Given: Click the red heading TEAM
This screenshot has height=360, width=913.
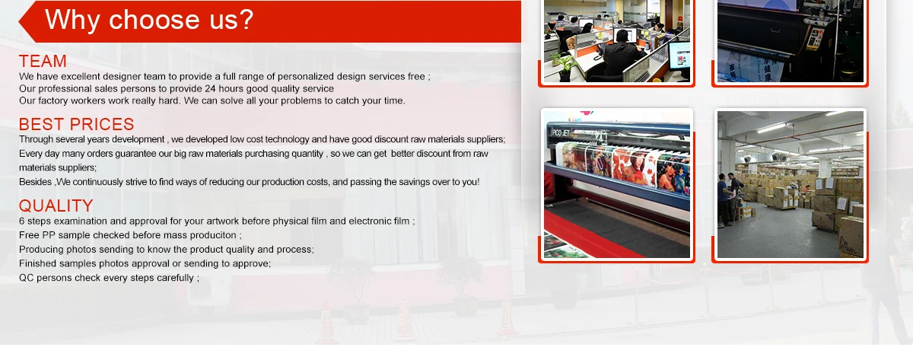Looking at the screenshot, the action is (43, 61).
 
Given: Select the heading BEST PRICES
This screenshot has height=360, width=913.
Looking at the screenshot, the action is (77, 124).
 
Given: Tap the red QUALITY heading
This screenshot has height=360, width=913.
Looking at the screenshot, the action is (56, 205).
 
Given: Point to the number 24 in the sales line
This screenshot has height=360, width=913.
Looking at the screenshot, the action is (210, 88).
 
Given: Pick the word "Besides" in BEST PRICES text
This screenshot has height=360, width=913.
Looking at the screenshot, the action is (35, 181).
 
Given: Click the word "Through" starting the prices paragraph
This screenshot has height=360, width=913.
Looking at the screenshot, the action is (36, 139).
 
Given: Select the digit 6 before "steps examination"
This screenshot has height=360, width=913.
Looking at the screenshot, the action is (21, 221).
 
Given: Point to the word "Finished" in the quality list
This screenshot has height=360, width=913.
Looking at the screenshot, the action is (37, 263).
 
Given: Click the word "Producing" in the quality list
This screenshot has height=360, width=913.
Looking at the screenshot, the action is (41, 250).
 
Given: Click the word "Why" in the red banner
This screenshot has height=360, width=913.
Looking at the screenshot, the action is (72, 21).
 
